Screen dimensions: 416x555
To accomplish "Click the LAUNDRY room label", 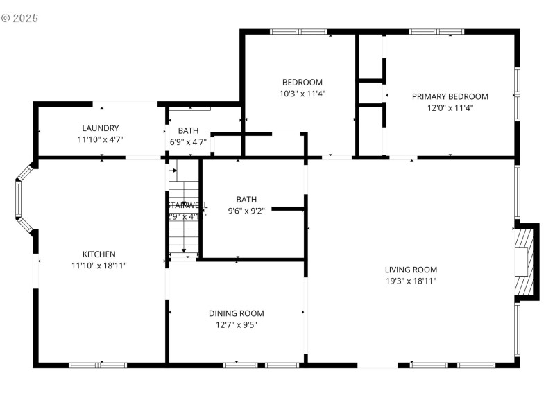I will [x=101, y=128].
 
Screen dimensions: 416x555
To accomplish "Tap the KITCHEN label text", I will [x=99, y=254].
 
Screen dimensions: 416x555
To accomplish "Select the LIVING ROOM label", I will [x=411, y=270].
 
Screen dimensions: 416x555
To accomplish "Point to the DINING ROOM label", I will [x=236, y=313].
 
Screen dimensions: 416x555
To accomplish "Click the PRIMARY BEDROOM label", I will [x=450, y=96].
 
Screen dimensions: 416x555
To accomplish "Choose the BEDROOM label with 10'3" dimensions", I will [x=302, y=82].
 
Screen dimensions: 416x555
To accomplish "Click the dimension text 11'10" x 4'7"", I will [x=101, y=139].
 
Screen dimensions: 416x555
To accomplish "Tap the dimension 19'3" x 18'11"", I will [x=411, y=281].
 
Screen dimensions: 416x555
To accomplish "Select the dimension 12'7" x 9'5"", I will [x=236, y=324].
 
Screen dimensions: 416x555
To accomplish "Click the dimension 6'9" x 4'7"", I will [x=188, y=142].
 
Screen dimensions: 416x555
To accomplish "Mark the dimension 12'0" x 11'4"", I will [x=450, y=107].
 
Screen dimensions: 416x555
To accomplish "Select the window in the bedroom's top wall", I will [x=298, y=31].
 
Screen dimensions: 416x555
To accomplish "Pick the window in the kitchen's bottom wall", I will [x=97, y=364].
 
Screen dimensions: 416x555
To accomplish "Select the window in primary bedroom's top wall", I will [x=436, y=31].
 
